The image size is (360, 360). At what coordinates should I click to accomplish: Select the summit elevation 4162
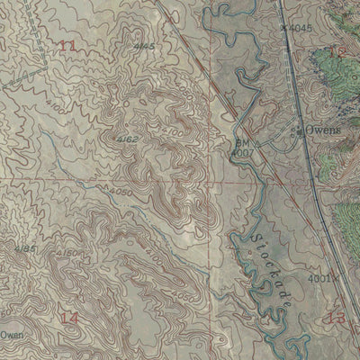click(x=127, y=139)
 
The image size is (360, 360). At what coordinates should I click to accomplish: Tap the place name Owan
click(x=11, y=333)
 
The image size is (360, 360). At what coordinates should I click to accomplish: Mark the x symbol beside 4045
click(x=285, y=28)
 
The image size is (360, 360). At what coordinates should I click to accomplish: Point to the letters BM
click(x=241, y=142)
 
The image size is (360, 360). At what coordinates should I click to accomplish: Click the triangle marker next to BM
click(x=255, y=145)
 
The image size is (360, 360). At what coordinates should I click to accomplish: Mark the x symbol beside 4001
click(x=336, y=280)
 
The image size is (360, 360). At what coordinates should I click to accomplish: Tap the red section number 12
click(x=337, y=52)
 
